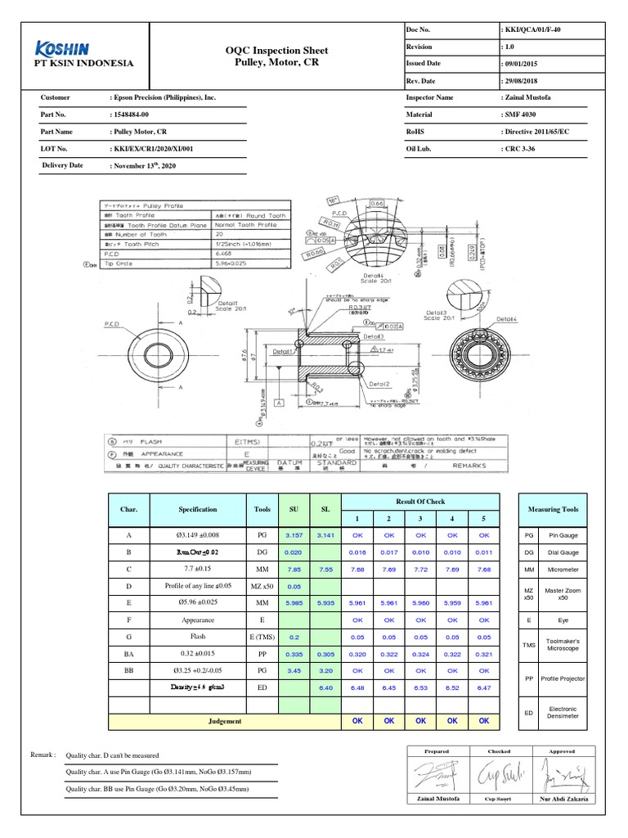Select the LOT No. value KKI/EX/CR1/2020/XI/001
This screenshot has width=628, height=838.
152,148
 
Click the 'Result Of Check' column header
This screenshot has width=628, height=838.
420,501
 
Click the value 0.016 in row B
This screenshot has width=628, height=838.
357,552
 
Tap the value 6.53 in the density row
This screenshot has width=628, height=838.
420,688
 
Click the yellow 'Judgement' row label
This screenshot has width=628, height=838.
225,721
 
